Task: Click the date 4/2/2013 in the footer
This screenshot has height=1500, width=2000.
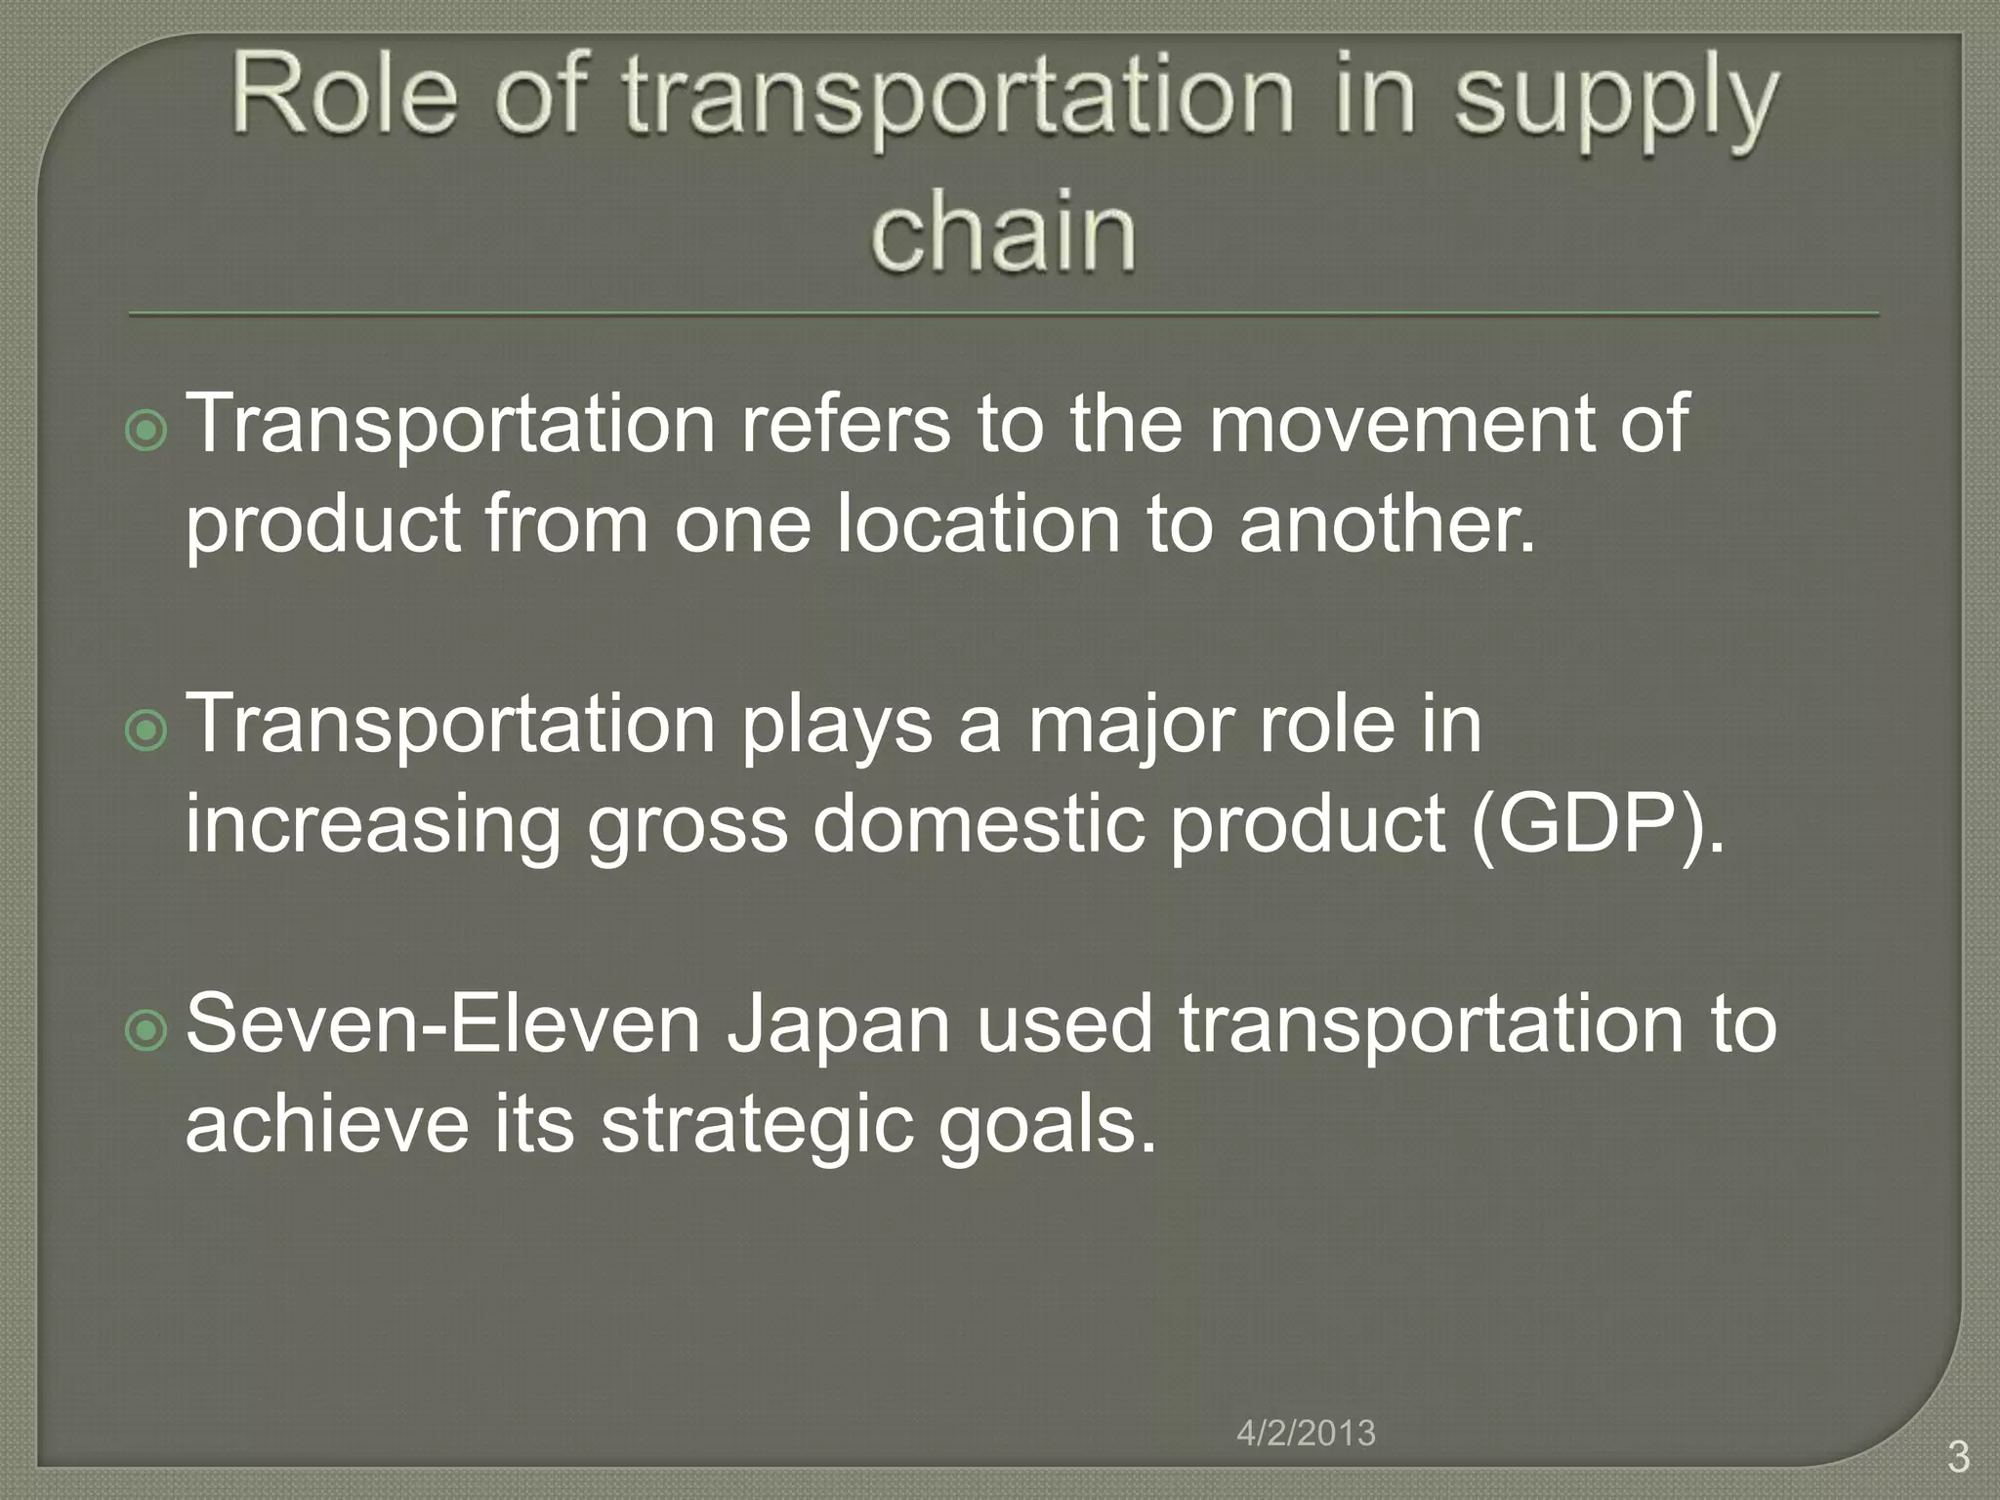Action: pos(1306,1433)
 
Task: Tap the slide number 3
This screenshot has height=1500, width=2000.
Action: pos(1958,1457)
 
